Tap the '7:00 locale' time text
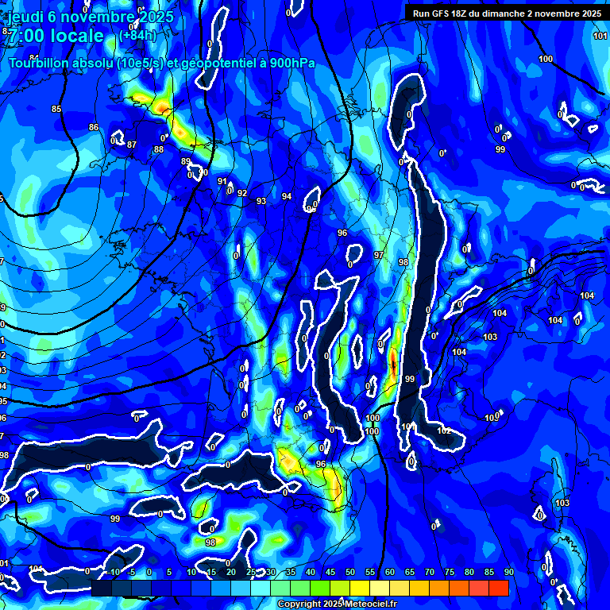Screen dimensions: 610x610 [x=56, y=36]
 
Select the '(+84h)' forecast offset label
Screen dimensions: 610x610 [x=137, y=36]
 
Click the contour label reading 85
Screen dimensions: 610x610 [x=56, y=109]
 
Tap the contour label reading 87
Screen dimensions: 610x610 [x=132, y=145]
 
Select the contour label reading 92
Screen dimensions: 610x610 [x=242, y=193]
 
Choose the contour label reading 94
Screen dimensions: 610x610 [x=287, y=196]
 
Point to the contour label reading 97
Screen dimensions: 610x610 [x=379, y=255]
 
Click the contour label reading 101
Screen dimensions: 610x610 [x=600, y=37]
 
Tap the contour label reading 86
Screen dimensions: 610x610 [x=94, y=128]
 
